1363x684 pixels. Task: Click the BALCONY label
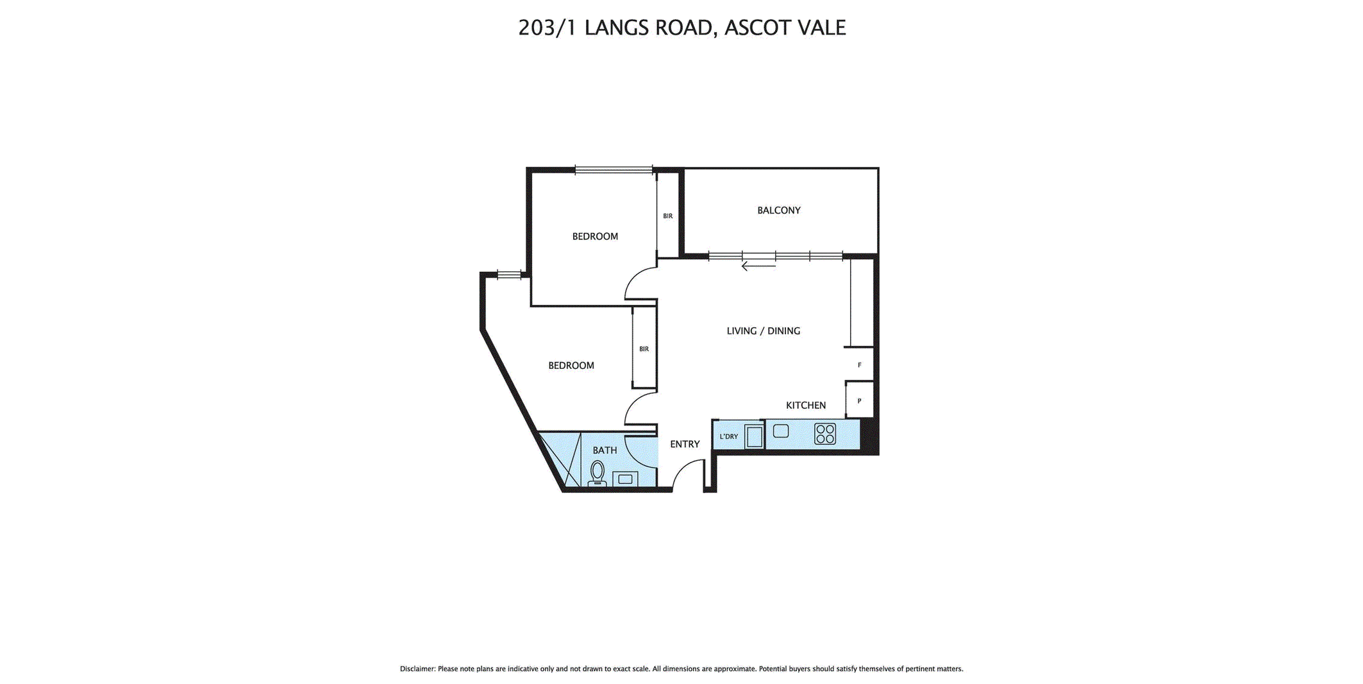(x=778, y=210)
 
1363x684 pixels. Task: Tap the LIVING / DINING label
(x=763, y=331)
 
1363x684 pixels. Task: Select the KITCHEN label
(x=806, y=406)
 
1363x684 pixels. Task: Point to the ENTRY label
(x=685, y=444)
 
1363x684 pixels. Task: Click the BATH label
(x=605, y=450)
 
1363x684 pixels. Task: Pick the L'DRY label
(x=729, y=436)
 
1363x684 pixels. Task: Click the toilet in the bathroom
(x=598, y=473)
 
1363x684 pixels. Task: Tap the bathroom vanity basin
(x=625, y=479)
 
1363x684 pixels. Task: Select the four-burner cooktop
(x=825, y=434)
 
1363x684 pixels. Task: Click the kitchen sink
(x=781, y=431)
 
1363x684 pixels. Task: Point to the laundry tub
(x=755, y=436)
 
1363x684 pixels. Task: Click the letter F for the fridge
(x=860, y=365)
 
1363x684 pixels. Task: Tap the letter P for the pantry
(x=860, y=401)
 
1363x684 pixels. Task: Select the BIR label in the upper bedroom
(x=668, y=216)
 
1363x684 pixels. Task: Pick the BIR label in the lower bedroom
(x=644, y=349)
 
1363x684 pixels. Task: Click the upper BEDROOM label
(x=595, y=237)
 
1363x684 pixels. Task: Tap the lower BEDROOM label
(x=571, y=366)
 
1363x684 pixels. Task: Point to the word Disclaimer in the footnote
(x=417, y=669)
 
